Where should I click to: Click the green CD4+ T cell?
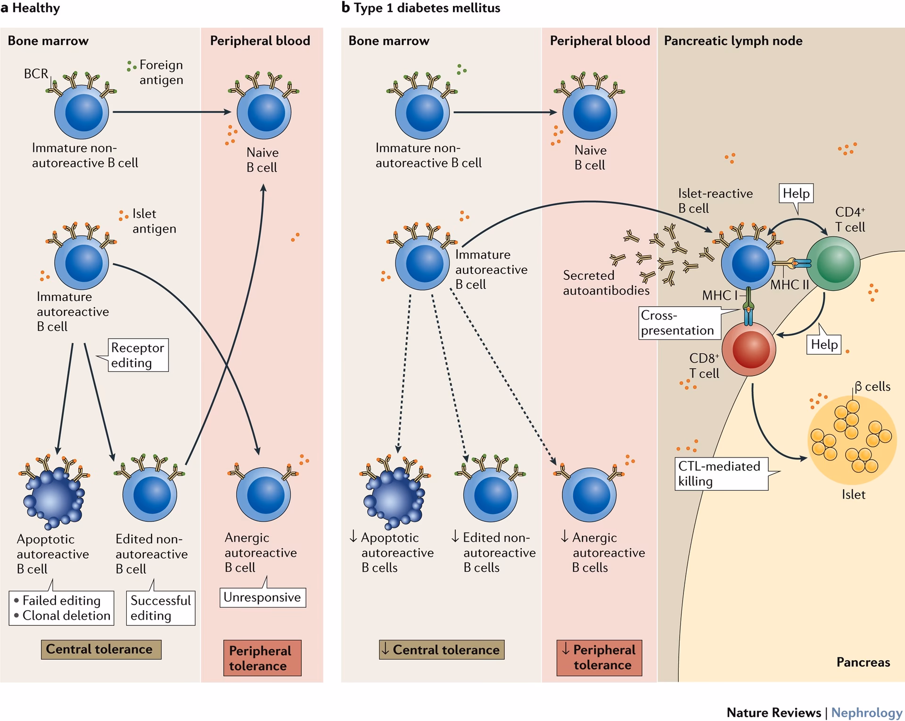[833, 263]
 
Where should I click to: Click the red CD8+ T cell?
[749, 349]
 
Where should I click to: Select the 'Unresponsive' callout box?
[262, 597]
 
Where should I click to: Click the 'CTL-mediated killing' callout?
[720, 473]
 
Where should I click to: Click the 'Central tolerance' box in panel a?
[100, 649]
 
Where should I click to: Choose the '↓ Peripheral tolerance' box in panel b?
[599, 657]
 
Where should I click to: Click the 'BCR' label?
[36, 74]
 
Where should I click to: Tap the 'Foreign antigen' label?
[161, 72]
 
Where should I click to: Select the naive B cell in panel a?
[263, 112]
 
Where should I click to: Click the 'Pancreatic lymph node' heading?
[733, 41]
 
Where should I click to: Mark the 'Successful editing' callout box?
[160, 608]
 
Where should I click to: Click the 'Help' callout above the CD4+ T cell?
[796, 193]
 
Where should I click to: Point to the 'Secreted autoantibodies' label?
[605, 283]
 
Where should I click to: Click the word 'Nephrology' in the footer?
[866, 712]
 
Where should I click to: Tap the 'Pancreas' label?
[863, 662]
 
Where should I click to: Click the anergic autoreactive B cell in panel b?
[589, 495]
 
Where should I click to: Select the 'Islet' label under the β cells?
[853, 495]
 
